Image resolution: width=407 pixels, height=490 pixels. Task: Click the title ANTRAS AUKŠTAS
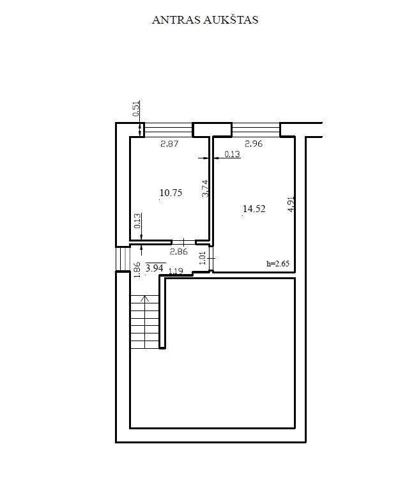tap(205, 20)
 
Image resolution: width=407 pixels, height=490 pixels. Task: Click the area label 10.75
tap(171, 193)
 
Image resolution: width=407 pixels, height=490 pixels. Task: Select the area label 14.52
tap(254, 208)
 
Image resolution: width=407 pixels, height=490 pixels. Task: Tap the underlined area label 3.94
tap(155, 268)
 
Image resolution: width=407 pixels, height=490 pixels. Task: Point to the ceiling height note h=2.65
tap(278, 263)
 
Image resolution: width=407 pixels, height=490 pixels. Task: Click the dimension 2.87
tap(169, 144)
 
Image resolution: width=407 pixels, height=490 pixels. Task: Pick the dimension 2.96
tap(254, 144)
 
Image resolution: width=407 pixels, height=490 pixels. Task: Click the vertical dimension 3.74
tap(205, 188)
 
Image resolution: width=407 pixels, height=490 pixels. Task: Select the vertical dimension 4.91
tap(291, 204)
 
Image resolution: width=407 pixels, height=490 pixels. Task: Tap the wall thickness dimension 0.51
tap(136, 109)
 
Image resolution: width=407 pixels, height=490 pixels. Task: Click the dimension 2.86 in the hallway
tap(179, 251)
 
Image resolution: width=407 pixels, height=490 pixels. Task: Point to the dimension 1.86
tap(137, 270)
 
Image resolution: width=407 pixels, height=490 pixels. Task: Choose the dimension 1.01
tap(203, 258)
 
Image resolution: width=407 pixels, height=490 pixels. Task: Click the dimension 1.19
tap(176, 271)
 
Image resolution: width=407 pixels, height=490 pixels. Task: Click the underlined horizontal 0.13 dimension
tap(233, 154)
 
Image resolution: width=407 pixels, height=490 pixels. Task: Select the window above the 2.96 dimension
tap(256, 130)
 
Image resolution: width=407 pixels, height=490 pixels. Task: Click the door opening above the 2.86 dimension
tap(183, 242)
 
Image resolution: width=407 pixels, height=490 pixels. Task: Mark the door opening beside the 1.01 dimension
tap(211, 259)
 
